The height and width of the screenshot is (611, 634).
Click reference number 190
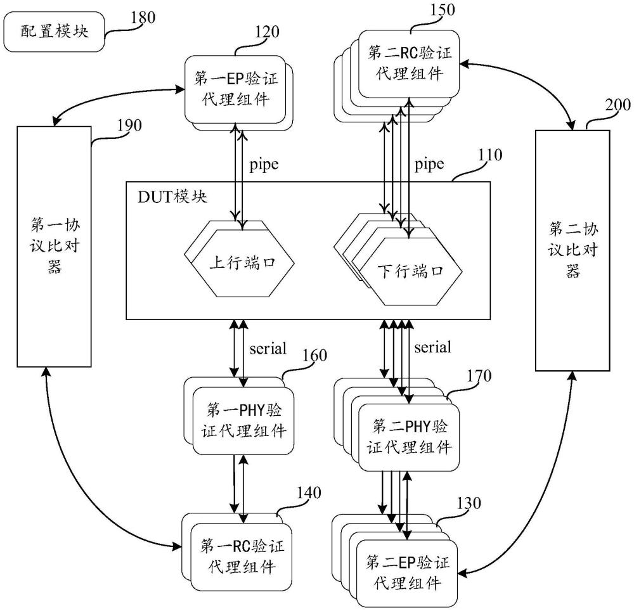coord(129,124)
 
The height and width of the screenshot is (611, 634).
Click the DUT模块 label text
coord(172,196)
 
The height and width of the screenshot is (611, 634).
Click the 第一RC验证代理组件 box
coord(238,555)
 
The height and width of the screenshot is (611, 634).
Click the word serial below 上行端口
coord(268,347)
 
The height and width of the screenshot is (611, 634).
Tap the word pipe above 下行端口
coord(429,165)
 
